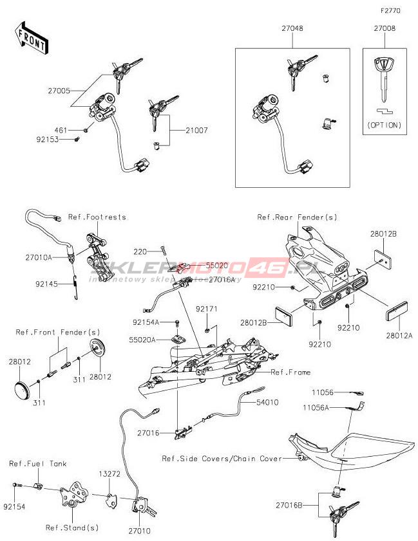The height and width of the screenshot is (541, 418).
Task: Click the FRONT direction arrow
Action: point(31,38)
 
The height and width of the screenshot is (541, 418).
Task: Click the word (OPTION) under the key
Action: point(385,125)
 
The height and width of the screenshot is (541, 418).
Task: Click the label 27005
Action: point(58,91)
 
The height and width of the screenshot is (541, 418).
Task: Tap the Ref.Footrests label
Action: point(97,217)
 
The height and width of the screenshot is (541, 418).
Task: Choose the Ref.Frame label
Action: point(290,372)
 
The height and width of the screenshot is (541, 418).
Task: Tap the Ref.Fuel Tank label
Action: point(37,463)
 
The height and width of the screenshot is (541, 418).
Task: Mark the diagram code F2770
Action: point(390,11)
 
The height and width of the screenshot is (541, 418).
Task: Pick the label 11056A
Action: point(317,407)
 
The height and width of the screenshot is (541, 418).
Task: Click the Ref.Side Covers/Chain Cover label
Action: point(222,459)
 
